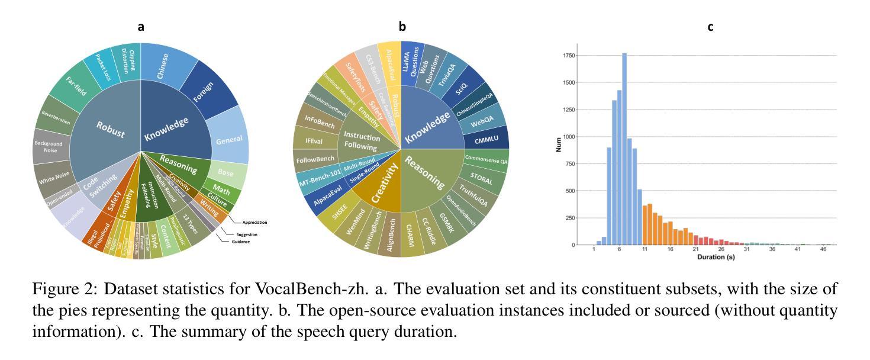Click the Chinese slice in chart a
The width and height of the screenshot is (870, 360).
coord(162,66)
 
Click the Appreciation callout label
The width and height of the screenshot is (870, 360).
coord(254,223)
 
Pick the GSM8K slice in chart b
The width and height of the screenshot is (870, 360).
coord(445,226)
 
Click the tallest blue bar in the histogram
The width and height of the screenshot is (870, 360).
coord(624,148)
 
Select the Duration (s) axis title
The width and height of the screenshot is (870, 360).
coord(716,258)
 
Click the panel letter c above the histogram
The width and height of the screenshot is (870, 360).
coord(710,27)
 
